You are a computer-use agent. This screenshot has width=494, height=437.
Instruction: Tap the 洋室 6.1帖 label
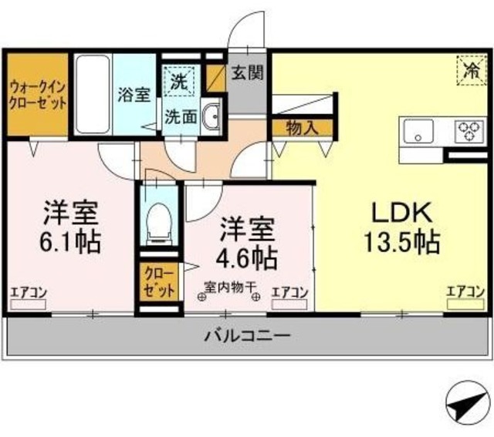point(70,227)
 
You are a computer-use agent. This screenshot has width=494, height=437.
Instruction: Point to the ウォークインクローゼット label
point(37,95)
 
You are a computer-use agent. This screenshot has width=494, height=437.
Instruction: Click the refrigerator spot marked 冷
point(469,70)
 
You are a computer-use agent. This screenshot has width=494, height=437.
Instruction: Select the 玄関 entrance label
point(248,73)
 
